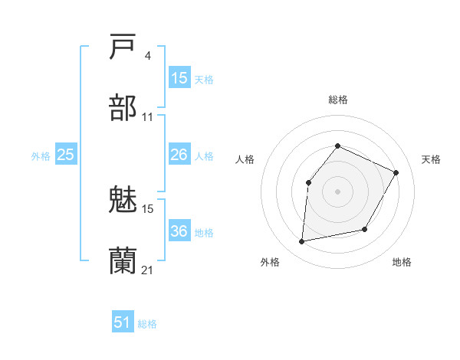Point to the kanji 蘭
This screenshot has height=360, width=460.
coord(123,261)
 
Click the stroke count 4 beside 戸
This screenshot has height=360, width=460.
coord(148,56)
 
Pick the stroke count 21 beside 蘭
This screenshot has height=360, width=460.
coord(147,270)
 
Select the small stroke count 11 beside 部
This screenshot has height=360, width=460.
coord(147,116)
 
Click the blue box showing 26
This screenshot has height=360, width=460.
coord(179,155)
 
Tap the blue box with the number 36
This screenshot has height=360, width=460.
coord(179,231)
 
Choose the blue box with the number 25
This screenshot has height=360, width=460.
coord(66,155)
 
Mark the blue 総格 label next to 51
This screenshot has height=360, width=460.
coord(147,324)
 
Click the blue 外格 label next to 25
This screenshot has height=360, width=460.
coord(41,156)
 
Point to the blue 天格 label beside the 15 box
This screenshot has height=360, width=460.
coord(204,79)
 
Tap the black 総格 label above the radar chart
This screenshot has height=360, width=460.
coord(338,100)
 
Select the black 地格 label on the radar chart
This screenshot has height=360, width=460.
coord(402,262)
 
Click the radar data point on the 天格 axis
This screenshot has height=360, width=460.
coord(396,172)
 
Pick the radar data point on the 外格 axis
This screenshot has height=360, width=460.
coord(302,242)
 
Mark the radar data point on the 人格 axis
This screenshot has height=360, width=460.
coord(308,182)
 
